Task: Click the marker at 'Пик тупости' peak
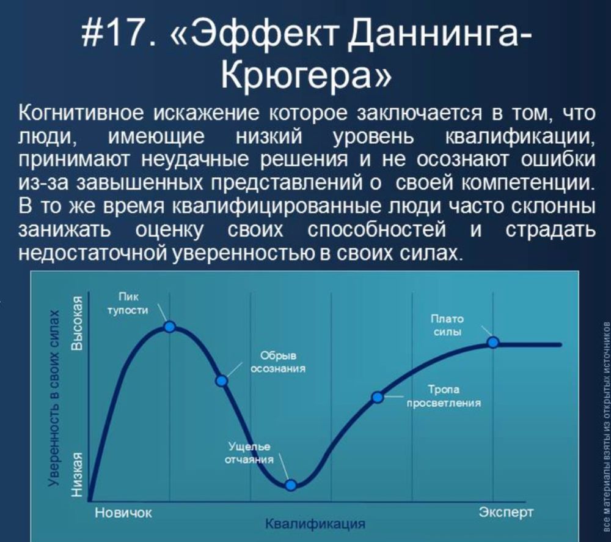tap(170, 327)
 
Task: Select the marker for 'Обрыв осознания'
tap(222, 381)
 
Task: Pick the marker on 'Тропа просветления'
tap(378, 397)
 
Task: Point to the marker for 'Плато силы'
tap(492, 342)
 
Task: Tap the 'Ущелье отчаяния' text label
tap(249, 453)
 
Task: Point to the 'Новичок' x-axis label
tap(123, 511)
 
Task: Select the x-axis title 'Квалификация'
tap(315, 524)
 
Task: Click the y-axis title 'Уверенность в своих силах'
tap(55, 398)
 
